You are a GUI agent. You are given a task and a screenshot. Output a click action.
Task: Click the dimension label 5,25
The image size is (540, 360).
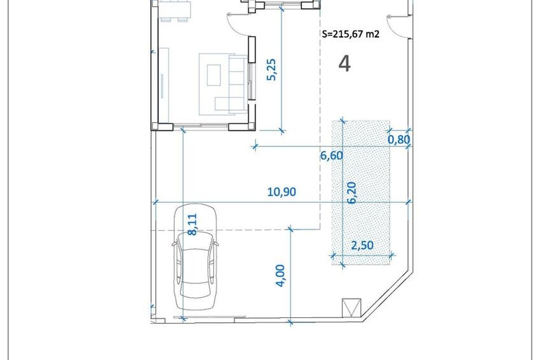pyautogui.click(x=272, y=70)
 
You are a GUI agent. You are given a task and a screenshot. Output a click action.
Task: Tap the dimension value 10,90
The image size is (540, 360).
pyautogui.click(x=282, y=192)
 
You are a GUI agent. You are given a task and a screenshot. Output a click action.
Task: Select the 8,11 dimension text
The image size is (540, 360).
pyautogui.click(x=193, y=224)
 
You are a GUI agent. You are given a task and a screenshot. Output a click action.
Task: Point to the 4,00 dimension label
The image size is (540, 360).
pyautogui.click(x=280, y=275)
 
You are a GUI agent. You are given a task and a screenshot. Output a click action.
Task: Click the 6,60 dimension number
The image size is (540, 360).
pyautogui.click(x=332, y=156)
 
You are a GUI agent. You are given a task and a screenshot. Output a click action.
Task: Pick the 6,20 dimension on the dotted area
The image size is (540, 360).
pyautogui.click(x=352, y=193)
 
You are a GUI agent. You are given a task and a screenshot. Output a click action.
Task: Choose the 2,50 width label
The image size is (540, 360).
pyautogui.click(x=362, y=245)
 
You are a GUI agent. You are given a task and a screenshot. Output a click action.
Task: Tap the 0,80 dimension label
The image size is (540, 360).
pyautogui.click(x=399, y=139)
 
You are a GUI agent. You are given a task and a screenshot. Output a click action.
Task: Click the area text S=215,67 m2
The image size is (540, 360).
pyautogui.click(x=351, y=34)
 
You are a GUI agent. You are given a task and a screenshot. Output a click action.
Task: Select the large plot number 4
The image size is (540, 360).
pyautogui.click(x=345, y=63)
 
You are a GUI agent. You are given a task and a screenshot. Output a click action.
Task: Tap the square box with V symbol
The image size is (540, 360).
pyautogui.click(x=351, y=308)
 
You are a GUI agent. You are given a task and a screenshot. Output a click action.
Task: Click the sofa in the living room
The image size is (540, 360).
pyautogui.click(x=238, y=84)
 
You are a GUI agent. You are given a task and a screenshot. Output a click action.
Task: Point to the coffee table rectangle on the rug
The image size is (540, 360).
pyautogui.click(x=214, y=75)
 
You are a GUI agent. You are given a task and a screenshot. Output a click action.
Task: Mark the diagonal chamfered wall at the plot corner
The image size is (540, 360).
pyautogui.click(x=387, y=297)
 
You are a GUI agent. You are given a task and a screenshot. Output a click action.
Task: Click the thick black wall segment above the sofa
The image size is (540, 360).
pyautogui.click(x=252, y=49)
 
